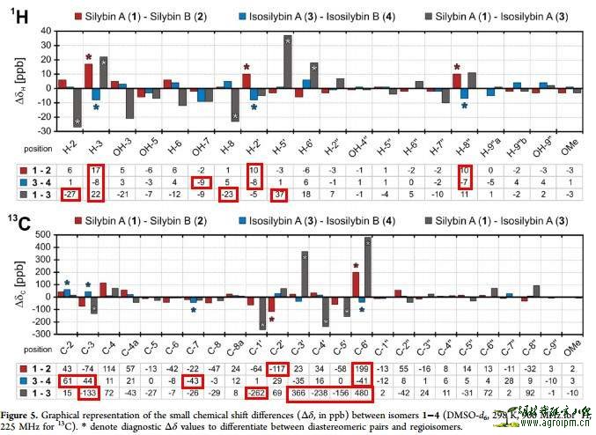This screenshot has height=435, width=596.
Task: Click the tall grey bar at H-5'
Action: tap(287, 63)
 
